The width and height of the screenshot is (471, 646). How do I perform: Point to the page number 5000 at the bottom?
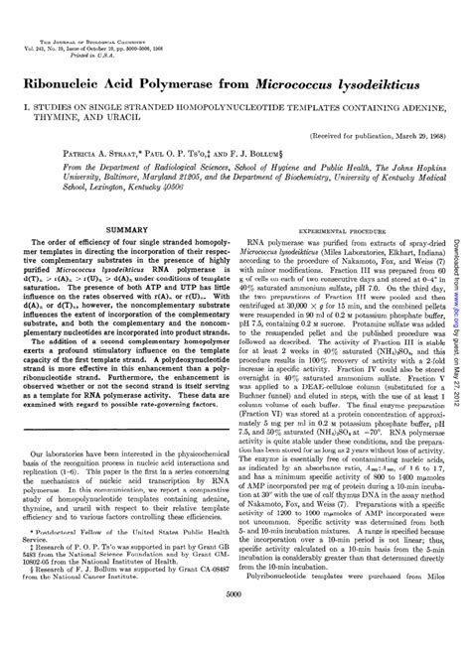[235, 622]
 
